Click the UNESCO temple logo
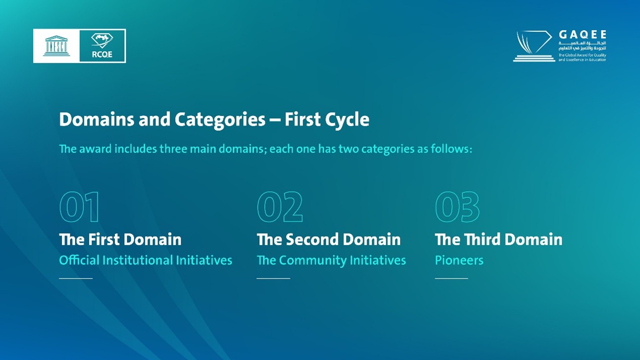(56, 46)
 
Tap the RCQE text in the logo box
(102, 54)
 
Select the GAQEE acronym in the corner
(583, 35)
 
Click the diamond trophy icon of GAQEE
(534, 46)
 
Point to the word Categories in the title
(220, 119)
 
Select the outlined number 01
(79, 207)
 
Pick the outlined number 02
(280, 207)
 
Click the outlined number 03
(457, 207)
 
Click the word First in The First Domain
(99, 239)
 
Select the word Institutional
(138, 260)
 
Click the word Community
(313, 260)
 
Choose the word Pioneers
(459, 260)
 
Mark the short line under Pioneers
(451, 278)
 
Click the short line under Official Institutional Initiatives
(76, 278)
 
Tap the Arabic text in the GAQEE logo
(583, 45)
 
